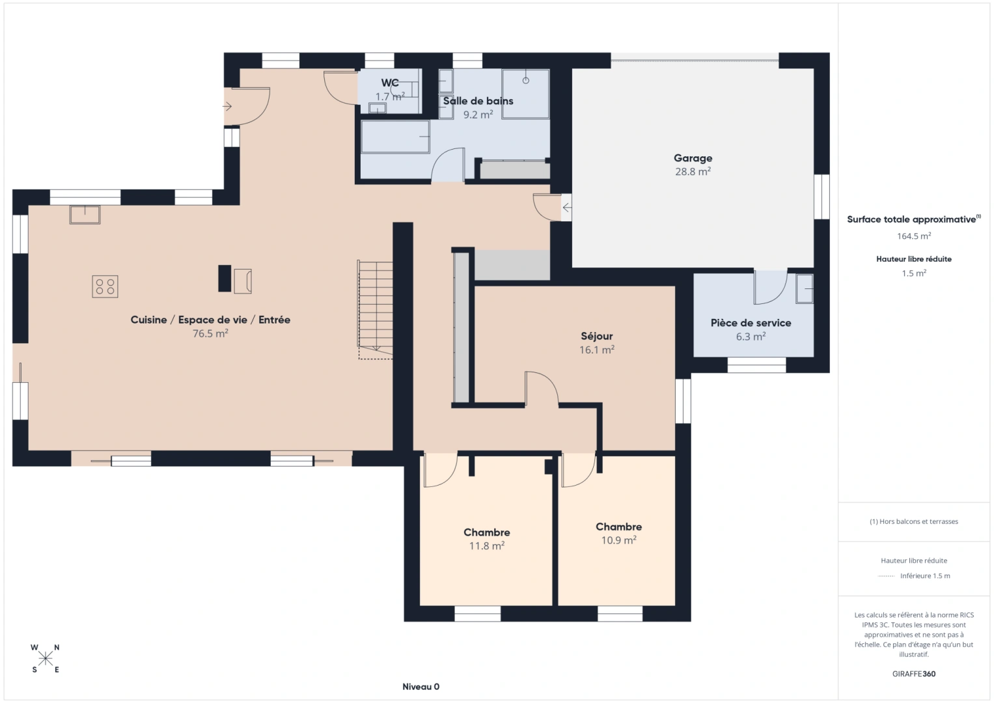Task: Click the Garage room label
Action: (693, 158)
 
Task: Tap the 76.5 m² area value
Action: (210, 333)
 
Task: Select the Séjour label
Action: (596, 336)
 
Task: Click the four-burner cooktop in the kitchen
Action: (105, 286)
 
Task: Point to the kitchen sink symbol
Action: (85, 214)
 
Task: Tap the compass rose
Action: (46, 659)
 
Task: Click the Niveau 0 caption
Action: (421, 687)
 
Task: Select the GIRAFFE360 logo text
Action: (913, 674)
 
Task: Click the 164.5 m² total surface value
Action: (913, 236)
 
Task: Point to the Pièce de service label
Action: (751, 323)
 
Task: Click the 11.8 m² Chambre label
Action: (486, 532)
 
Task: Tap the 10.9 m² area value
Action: (618, 540)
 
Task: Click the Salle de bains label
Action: (478, 101)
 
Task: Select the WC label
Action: (390, 83)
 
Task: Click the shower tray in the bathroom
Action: (525, 94)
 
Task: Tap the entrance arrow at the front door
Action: (228, 106)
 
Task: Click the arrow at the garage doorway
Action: (566, 208)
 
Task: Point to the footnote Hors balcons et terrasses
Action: (913, 521)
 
